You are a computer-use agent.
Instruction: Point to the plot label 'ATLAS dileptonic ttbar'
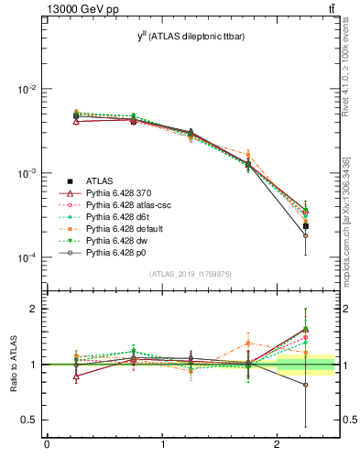(x=196, y=36)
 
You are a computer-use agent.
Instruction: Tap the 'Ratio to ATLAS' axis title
(x=13, y=365)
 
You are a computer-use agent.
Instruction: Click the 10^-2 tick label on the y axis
(x=25, y=90)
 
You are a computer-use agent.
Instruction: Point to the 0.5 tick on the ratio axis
(x=28, y=420)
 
